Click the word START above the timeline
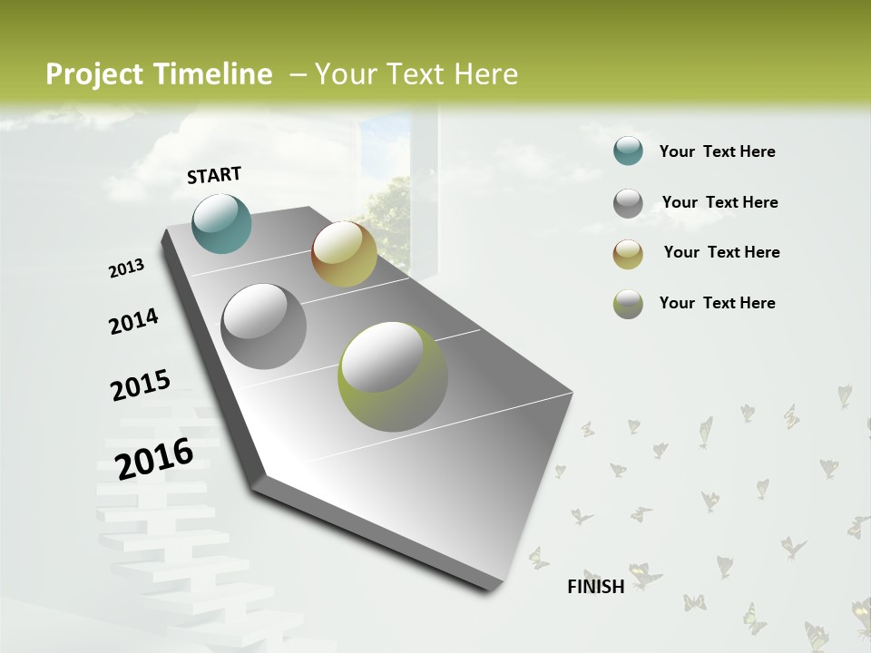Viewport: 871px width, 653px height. pos(214,175)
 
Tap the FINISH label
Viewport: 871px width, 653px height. pos(596,587)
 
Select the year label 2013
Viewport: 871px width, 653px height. pos(127,268)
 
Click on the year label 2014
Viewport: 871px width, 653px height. pos(133,322)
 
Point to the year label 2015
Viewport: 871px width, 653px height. pos(141,385)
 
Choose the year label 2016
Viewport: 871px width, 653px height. pos(154,458)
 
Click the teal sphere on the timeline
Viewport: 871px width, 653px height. pos(222,223)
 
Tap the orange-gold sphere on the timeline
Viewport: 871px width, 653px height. pos(344,254)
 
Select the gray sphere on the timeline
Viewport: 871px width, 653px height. pos(264,326)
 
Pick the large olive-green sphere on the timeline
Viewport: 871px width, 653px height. pos(393,376)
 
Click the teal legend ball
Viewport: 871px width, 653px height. pos(628,151)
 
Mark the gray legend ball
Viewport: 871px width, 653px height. pos(628,203)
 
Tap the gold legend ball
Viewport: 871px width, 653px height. pos(628,254)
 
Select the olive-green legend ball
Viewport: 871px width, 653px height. pos(628,304)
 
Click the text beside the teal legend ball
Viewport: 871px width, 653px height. pos(717,151)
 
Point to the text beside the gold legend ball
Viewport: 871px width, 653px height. pos(721,252)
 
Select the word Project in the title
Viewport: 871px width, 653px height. pos(95,74)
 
